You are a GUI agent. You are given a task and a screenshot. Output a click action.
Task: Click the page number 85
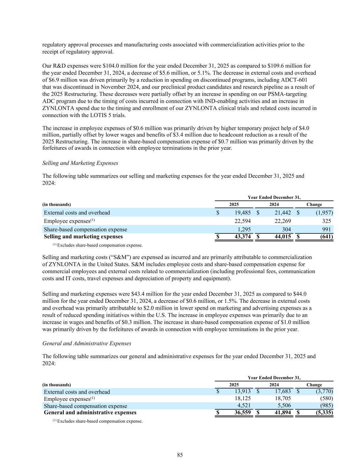coord(180,455)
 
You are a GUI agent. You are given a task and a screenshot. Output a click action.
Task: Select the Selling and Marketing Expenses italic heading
coord(80,163)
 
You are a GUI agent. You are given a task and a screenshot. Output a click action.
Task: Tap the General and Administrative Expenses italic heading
coord(87,343)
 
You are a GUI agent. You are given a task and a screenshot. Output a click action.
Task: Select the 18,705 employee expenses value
coord(283,398)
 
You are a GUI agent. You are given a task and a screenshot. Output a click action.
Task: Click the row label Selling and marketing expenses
coord(83,237)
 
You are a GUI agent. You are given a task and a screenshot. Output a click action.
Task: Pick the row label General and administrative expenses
coord(90,412)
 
